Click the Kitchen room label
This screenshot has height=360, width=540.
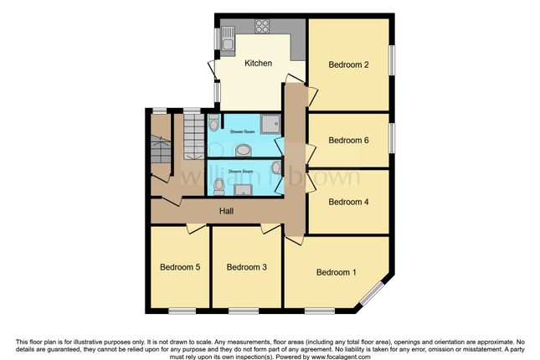pos(258,63)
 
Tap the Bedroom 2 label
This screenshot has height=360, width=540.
pos(349,64)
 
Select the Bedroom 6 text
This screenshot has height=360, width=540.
pos(349,140)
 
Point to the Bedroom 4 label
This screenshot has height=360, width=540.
pos(349,201)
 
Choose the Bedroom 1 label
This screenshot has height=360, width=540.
pos(337,271)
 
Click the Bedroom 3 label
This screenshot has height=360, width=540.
pos(247,267)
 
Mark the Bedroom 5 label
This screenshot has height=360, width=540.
pos(180,267)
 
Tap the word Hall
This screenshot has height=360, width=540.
pos(226,211)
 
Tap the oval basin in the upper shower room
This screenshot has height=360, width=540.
pos(243,151)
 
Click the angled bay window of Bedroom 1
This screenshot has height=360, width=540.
pos(373,293)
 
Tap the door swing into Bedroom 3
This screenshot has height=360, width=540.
pos(270,228)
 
